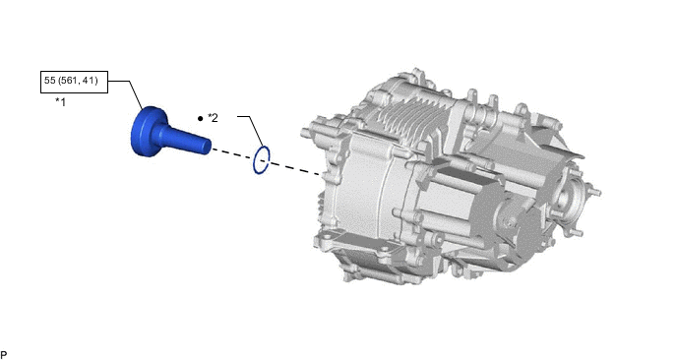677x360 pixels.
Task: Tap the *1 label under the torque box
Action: [61, 102]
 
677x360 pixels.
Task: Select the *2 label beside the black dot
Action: [213, 118]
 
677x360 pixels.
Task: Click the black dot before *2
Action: [200, 118]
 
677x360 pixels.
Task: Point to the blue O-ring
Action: [262, 160]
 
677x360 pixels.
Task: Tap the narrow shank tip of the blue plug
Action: [204, 146]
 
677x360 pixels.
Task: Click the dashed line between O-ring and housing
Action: [295, 167]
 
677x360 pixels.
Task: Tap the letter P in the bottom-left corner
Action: [4, 354]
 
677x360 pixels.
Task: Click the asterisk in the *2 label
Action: [209, 117]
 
